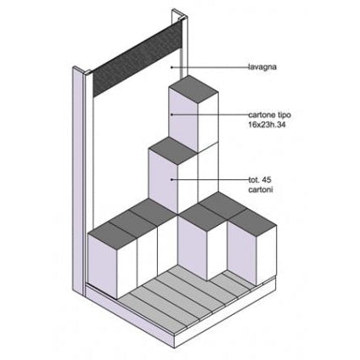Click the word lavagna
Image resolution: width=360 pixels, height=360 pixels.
coord(262,67)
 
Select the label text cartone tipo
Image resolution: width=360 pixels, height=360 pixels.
coord(269,115)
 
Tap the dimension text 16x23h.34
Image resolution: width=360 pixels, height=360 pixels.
coord(267,125)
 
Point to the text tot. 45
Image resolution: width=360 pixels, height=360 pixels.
coord(260,180)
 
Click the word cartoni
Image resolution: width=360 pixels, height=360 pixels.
coord(261,189)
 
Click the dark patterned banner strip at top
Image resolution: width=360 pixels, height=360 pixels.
coord(138,59)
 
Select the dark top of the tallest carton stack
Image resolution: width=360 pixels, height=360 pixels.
coord(194,88)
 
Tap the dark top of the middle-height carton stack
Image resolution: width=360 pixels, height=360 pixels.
coord(173,151)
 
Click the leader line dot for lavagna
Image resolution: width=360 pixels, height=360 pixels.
coord(172,67)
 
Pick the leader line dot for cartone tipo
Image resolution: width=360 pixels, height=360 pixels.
coord(172,115)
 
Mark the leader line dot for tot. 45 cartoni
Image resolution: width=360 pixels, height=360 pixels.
coord(172,179)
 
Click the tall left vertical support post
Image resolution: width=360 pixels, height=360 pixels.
coord(78,181)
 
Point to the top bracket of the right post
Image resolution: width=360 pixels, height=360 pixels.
coord(179,15)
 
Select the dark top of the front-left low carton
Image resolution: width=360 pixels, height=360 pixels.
coord(112,235)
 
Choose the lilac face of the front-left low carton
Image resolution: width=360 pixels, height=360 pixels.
coord(103,266)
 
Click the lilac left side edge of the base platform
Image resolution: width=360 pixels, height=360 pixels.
coord(129,314)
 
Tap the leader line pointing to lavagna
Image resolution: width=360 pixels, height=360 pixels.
coord(210,67)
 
